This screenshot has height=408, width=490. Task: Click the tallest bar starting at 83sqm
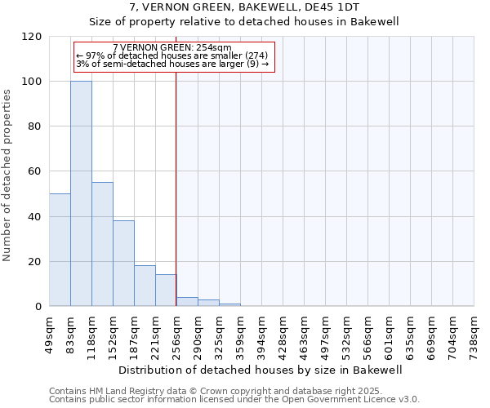pos(81,193)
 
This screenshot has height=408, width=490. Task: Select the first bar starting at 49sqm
pos(60,250)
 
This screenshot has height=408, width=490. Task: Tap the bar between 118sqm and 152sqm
pos(102,244)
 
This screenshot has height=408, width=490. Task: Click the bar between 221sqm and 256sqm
pos(166,290)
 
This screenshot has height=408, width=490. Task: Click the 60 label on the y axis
pos(35,172)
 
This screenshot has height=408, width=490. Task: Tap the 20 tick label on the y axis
pos(35,262)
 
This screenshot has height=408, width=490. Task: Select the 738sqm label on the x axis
pos(474,333)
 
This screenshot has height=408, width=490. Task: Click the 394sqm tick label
pos(262,333)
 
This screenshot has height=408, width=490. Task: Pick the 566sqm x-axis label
pos(368,333)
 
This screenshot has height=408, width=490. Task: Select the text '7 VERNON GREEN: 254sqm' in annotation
pos(172,48)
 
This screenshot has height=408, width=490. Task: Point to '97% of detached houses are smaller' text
pos(171,56)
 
